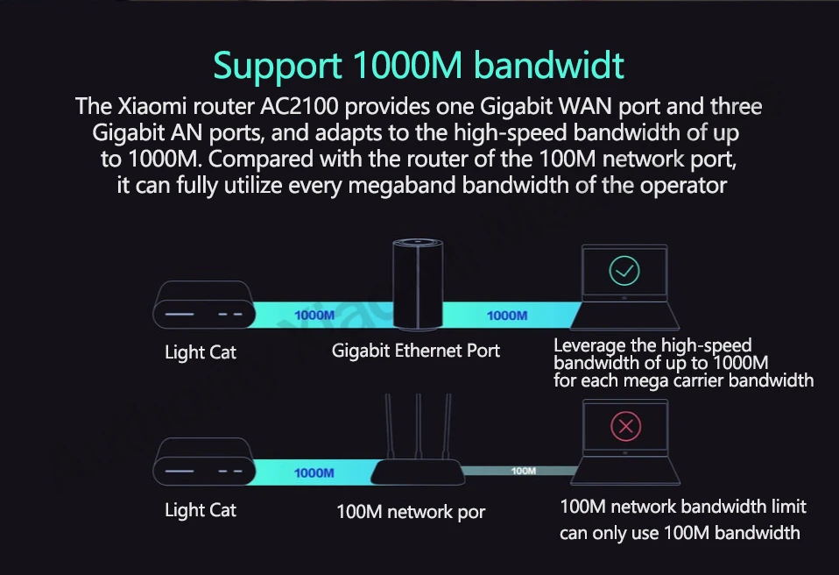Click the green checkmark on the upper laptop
click(x=624, y=270)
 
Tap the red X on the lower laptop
click(x=624, y=427)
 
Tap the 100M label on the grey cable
click(x=523, y=471)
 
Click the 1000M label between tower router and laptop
click(x=507, y=315)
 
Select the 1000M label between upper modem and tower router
click(x=314, y=315)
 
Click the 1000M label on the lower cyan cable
click(x=314, y=472)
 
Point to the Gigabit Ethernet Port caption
click(x=416, y=351)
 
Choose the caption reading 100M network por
click(x=411, y=512)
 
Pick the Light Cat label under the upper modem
click(x=201, y=353)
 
